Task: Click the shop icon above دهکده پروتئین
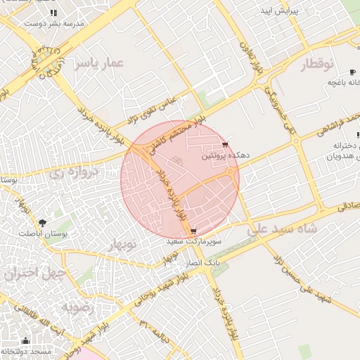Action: [225, 146]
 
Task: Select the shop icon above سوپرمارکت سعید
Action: [193, 231]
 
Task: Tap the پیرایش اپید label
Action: [281, 12]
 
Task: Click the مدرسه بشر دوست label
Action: [54, 22]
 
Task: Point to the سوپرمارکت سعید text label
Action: [193, 241]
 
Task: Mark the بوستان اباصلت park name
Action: [43, 233]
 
